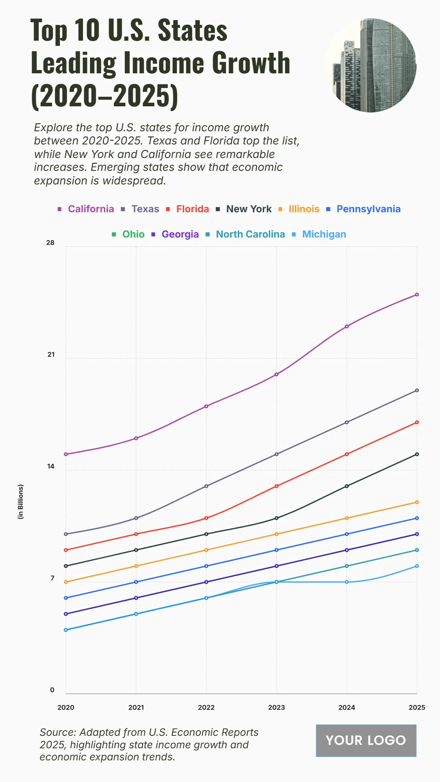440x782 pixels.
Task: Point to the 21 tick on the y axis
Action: pyautogui.click(x=51, y=355)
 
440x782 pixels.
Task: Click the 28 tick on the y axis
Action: pyautogui.click(x=50, y=243)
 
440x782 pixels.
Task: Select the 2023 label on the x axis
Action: pyautogui.click(x=276, y=708)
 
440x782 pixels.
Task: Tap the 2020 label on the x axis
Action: pyautogui.click(x=66, y=708)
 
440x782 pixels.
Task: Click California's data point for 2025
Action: pyautogui.click(x=417, y=295)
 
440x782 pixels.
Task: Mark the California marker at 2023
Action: pyautogui.click(x=276, y=374)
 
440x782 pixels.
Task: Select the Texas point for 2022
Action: pyautogui.click(x=206, y=486)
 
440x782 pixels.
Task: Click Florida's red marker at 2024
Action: pyautogui.click(x=347, y=454)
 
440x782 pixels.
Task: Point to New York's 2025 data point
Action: pyautogui.click(x=417, y=454)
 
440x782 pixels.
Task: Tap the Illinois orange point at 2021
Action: pyautogui.click(x=136, y=566)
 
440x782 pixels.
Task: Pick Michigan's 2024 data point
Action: pyautogui.click(x=347, y=582)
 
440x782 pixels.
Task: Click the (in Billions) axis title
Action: pyautogui.click(x=21, y=502)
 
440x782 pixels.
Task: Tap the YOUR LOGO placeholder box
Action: pyautogui.click(x=366, y=741)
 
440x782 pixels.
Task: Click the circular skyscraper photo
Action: pyautogui.click(x=370, y=65)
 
